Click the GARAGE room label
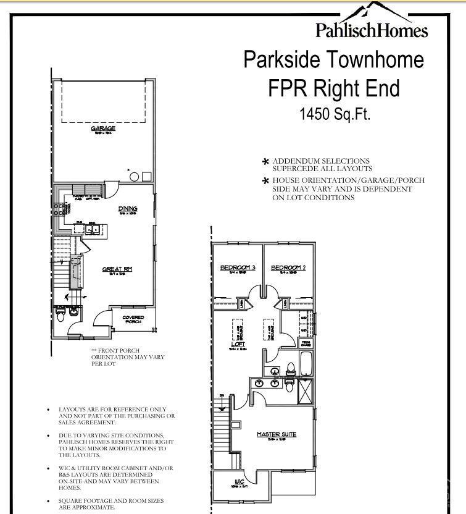(x=103, y=128)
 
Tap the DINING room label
(x=128, y=209)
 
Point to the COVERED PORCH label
(x=133, y=319)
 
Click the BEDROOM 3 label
(x=238, y=268)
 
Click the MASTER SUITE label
(x=277, y=434)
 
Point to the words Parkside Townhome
(x=334, y=60)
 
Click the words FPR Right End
(x=334, y=88)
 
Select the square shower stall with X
(x=305, y=392)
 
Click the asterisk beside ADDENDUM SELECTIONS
(x=265, y=162)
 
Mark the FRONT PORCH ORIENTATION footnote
(x=128, y=357)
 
